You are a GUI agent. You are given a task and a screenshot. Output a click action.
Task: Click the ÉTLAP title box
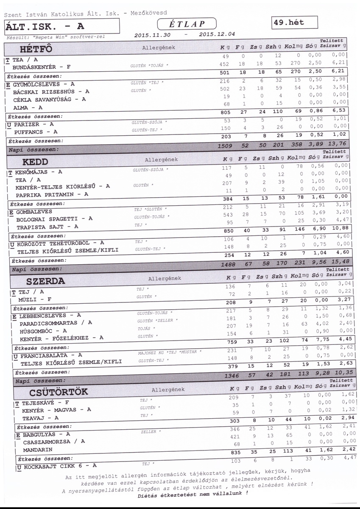click(187, 24)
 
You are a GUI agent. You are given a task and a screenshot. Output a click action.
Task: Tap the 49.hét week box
click(296, 22)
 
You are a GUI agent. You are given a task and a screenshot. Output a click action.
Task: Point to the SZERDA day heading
click(45, 281)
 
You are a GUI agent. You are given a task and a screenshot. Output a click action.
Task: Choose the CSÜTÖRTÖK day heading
click(58, 391)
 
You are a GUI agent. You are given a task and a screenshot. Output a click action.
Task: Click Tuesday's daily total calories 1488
click(228, 264)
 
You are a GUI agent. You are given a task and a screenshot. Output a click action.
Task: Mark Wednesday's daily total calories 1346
click(232, 375)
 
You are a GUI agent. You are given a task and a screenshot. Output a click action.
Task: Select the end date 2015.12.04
click(216, 34)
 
